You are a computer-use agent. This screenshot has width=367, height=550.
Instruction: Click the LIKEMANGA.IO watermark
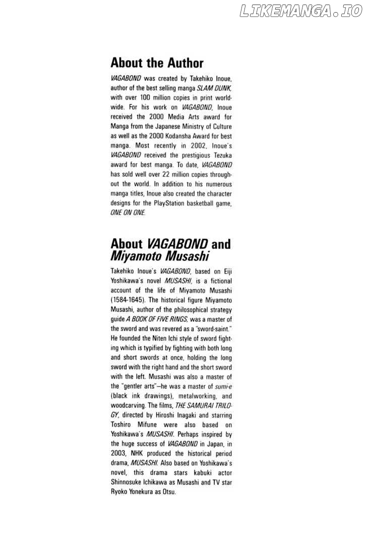[x=301, y=11]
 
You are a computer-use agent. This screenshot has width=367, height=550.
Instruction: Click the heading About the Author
[x=157, y=63]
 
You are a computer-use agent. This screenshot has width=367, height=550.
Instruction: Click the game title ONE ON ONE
[x=128, y=213]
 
